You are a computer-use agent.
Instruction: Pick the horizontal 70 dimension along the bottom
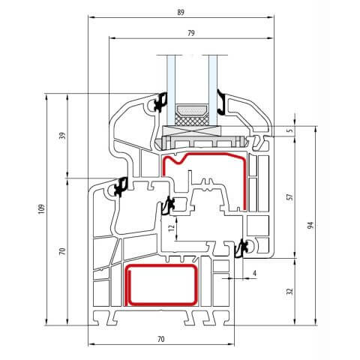161,339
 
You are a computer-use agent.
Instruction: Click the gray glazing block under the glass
202,136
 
